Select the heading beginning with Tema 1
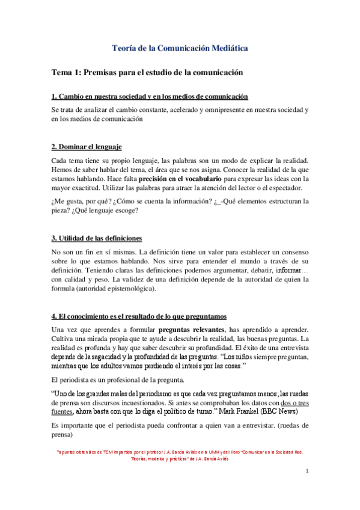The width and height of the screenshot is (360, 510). click(x=147, y=72)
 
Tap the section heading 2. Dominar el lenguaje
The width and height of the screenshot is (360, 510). click(x=87, y=146)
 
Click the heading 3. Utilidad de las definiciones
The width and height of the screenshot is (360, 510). click(x=96, y=238)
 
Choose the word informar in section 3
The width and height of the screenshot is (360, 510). click(x=290, y=270)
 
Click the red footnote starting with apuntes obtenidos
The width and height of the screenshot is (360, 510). click(x=180, y=453)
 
